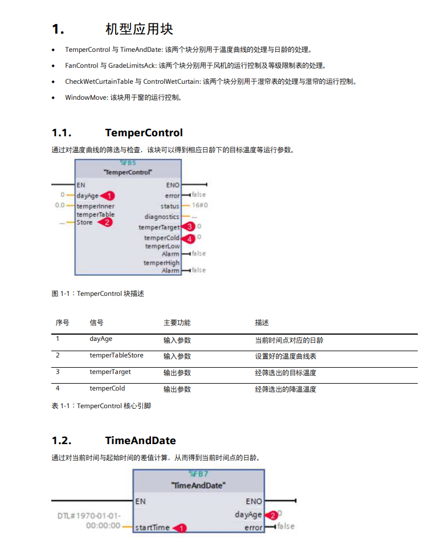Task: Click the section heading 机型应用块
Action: click(x=139, y=29)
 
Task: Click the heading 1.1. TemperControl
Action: click(x=117, y=133)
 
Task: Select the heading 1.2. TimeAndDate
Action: click(x=113, y=441)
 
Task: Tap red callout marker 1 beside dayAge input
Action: click(x=110, y=196)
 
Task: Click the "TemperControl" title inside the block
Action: click(x=128, y=172)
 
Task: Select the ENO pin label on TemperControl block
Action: click(x=173, y=185)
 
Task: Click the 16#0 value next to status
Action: click(x=199, y=206)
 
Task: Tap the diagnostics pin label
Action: click(x=162, y=217)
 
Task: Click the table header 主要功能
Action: click(x=177, y=323)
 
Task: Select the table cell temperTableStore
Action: click(x=116, y=356)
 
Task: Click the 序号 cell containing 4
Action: click(x=58, y=389)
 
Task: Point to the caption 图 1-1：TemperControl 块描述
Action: click(x=97, y=294)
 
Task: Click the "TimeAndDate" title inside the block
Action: click(x=198, y=486)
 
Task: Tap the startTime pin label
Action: click(x=152, y=528)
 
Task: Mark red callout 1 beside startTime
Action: click(x=180, y=528)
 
